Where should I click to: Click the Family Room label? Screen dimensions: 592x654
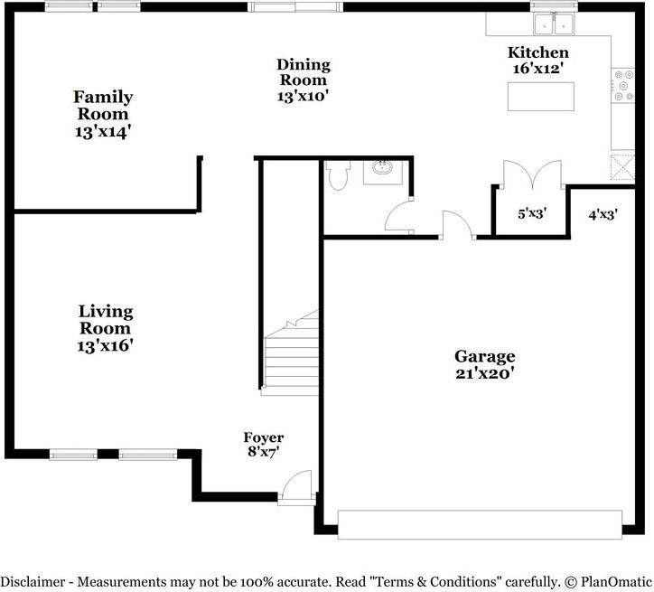103,114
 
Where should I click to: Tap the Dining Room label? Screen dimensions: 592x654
303,80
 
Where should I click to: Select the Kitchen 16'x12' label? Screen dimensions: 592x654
538,60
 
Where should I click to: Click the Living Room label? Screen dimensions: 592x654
105,327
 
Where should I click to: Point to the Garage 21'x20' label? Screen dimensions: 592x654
484,363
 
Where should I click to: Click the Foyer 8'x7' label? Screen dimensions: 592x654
263,445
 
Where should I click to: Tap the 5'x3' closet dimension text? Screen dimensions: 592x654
532,215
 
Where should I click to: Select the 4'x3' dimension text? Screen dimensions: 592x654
603,215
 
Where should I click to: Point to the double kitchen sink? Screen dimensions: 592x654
555,23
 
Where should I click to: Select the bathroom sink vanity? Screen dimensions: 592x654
382,171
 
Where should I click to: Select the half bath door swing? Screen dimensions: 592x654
398,220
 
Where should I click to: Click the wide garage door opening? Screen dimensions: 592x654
480,523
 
